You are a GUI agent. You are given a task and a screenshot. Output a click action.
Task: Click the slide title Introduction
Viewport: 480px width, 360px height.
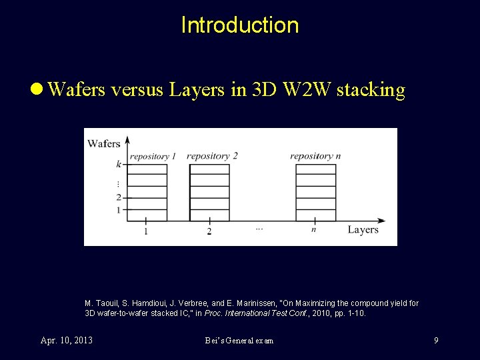tap(240, 25)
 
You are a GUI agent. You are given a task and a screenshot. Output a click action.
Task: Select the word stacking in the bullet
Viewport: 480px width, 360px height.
tap(371, 90)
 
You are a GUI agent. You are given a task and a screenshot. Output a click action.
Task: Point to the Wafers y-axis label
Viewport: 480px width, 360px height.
tap(103, 143)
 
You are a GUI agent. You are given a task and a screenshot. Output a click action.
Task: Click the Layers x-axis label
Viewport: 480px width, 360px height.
tap(363, 230)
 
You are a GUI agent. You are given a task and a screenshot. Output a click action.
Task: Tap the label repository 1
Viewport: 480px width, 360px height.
tap(153, 157)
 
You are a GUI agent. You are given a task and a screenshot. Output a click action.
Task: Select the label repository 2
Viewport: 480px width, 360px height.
tap(212, 156)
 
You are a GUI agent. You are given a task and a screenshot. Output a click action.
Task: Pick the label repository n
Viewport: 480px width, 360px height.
tap(315, 156)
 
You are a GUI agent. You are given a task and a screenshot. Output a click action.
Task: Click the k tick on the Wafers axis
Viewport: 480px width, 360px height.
tap(119, 164)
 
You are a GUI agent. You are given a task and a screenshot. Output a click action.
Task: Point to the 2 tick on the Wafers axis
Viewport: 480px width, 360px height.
tap(119, 197)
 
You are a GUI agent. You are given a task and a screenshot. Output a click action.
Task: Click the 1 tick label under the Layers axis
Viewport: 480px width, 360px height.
tap(145, 231)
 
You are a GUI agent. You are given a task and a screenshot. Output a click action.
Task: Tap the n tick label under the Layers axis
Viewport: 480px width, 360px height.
tap(313, 230)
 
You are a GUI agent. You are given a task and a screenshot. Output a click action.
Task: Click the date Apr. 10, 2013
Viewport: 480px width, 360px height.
tap(67, 341)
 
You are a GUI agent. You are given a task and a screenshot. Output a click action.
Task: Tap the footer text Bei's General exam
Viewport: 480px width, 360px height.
tap(239, 341)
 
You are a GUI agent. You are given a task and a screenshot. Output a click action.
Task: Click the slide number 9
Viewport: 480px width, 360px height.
tap(436, 341)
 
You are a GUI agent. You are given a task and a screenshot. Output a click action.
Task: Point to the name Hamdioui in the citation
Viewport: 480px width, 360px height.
tap(140, 303)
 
